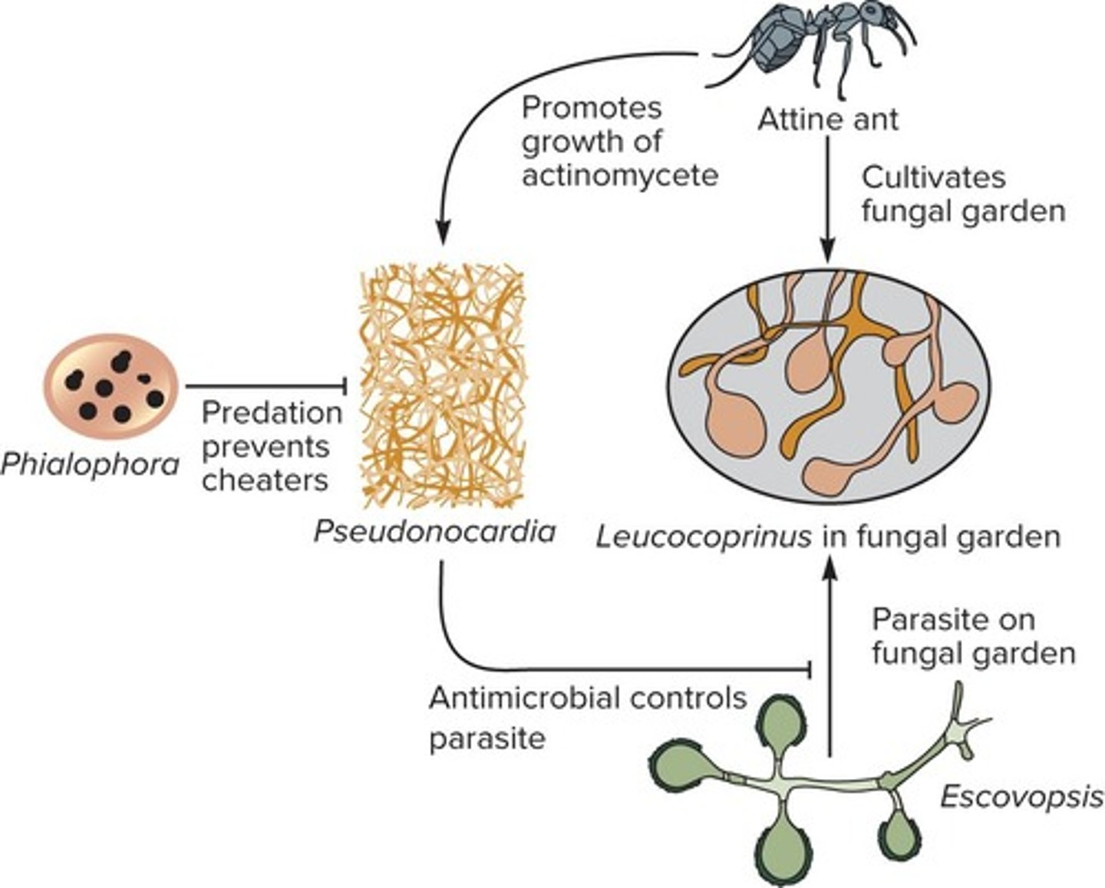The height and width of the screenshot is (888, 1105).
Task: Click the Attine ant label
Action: tap(828, 120)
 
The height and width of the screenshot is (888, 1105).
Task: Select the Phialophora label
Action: tap(91, 464)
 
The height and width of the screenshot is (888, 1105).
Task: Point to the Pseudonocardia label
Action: tap(434, 531)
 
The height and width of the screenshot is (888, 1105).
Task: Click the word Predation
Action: tap(272, 413)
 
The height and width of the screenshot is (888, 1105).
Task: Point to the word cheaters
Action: tap(265, 480)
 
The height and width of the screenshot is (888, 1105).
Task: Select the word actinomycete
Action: tap(620, 175)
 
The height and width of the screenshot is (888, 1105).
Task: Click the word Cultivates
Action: tap(933, 177)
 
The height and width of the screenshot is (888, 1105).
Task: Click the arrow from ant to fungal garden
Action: tap(827, 200)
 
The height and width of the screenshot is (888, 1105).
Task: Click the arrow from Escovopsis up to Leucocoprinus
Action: tap(830, 652)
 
